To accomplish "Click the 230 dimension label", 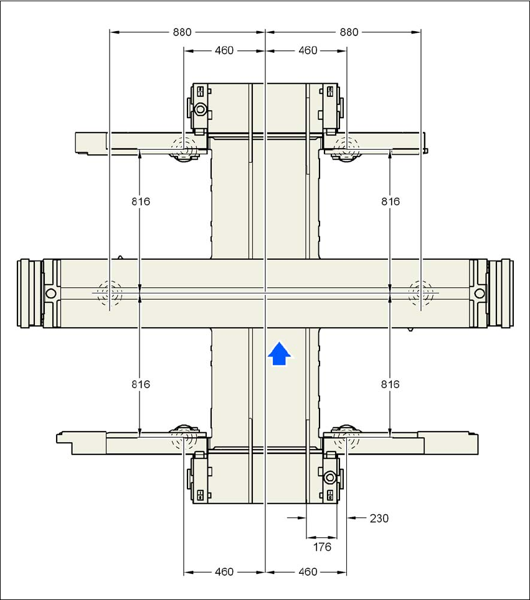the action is (x=379, y=518).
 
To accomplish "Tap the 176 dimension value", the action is (x=322, y=547).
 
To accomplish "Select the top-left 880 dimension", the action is (x=182, y=32).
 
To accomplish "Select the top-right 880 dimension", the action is (x=349, y=32).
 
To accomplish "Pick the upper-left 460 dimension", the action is (x=224, y=50).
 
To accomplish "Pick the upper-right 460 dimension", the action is (x=308, y=50).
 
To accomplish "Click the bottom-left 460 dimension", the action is (x=224, y=571).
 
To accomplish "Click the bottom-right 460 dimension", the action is (x=308, y=571).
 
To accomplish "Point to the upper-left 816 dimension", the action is (x=141, y=201).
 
